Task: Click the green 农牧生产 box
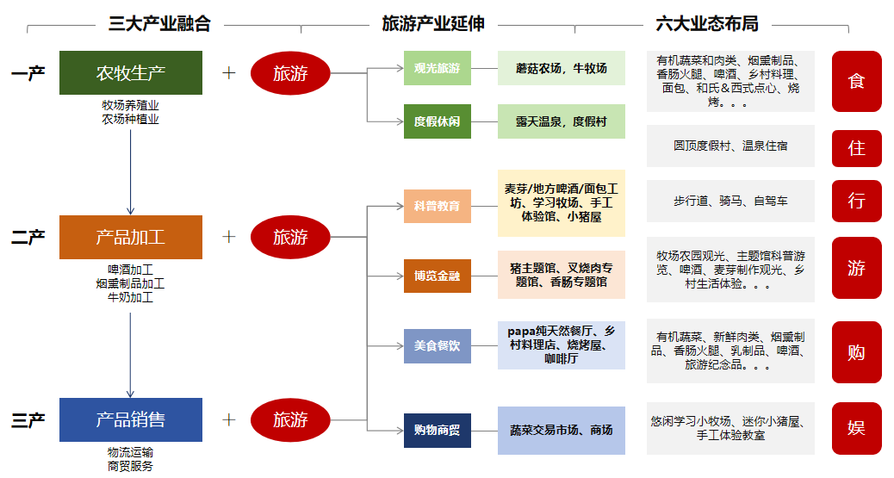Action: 131,73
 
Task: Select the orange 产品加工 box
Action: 131,237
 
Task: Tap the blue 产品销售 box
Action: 131,419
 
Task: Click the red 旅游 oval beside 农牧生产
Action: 290,73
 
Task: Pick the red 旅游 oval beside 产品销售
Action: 290,419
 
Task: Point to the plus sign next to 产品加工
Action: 229,236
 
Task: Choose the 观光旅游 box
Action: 438,68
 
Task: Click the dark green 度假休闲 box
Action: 438,121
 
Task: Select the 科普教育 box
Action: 438,206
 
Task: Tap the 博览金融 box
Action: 438,276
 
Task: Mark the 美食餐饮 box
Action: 438,345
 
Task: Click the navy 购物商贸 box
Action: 438,430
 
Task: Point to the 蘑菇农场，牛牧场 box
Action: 561,68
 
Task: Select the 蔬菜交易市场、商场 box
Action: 561,430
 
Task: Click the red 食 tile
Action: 856,81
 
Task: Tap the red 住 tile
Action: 856,147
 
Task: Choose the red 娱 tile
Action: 856,427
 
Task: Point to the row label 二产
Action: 28,237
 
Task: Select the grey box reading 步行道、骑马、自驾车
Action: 730,201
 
